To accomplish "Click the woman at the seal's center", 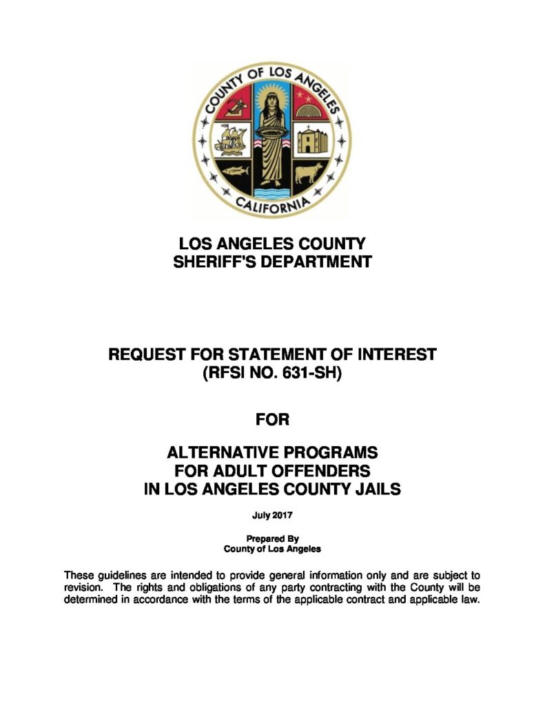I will (270, 138).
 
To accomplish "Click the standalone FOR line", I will (272, 418).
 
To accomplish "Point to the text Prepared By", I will (272, 539).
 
